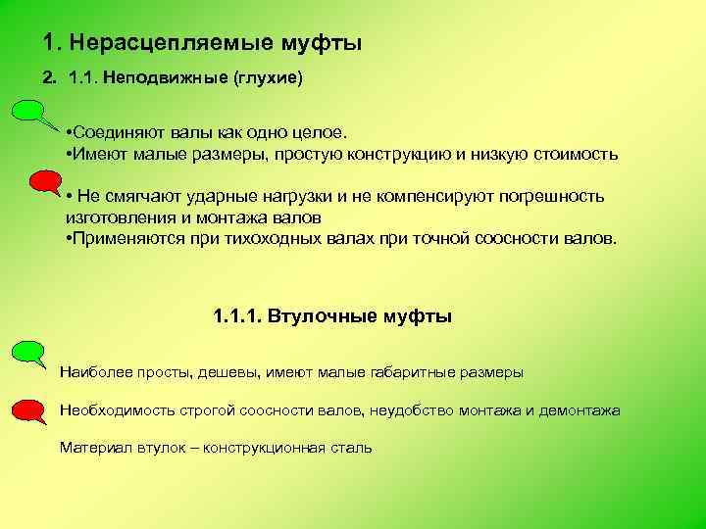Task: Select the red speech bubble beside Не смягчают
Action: [44, 181]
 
